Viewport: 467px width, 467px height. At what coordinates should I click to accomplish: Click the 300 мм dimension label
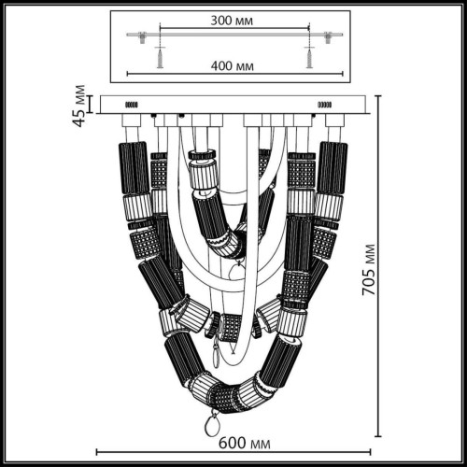tap(233, 18)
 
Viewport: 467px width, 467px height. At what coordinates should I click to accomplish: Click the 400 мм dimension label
tap(233, 66)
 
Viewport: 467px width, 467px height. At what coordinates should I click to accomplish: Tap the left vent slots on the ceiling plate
tap(132, 105)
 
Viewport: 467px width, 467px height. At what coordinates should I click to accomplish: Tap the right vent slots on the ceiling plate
tap(325, 105)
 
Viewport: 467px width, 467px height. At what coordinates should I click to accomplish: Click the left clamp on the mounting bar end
tap(134, 35)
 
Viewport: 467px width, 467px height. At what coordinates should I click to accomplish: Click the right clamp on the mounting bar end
tap(333, 35)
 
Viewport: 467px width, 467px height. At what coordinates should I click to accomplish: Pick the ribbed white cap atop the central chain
tap(203, 174)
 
